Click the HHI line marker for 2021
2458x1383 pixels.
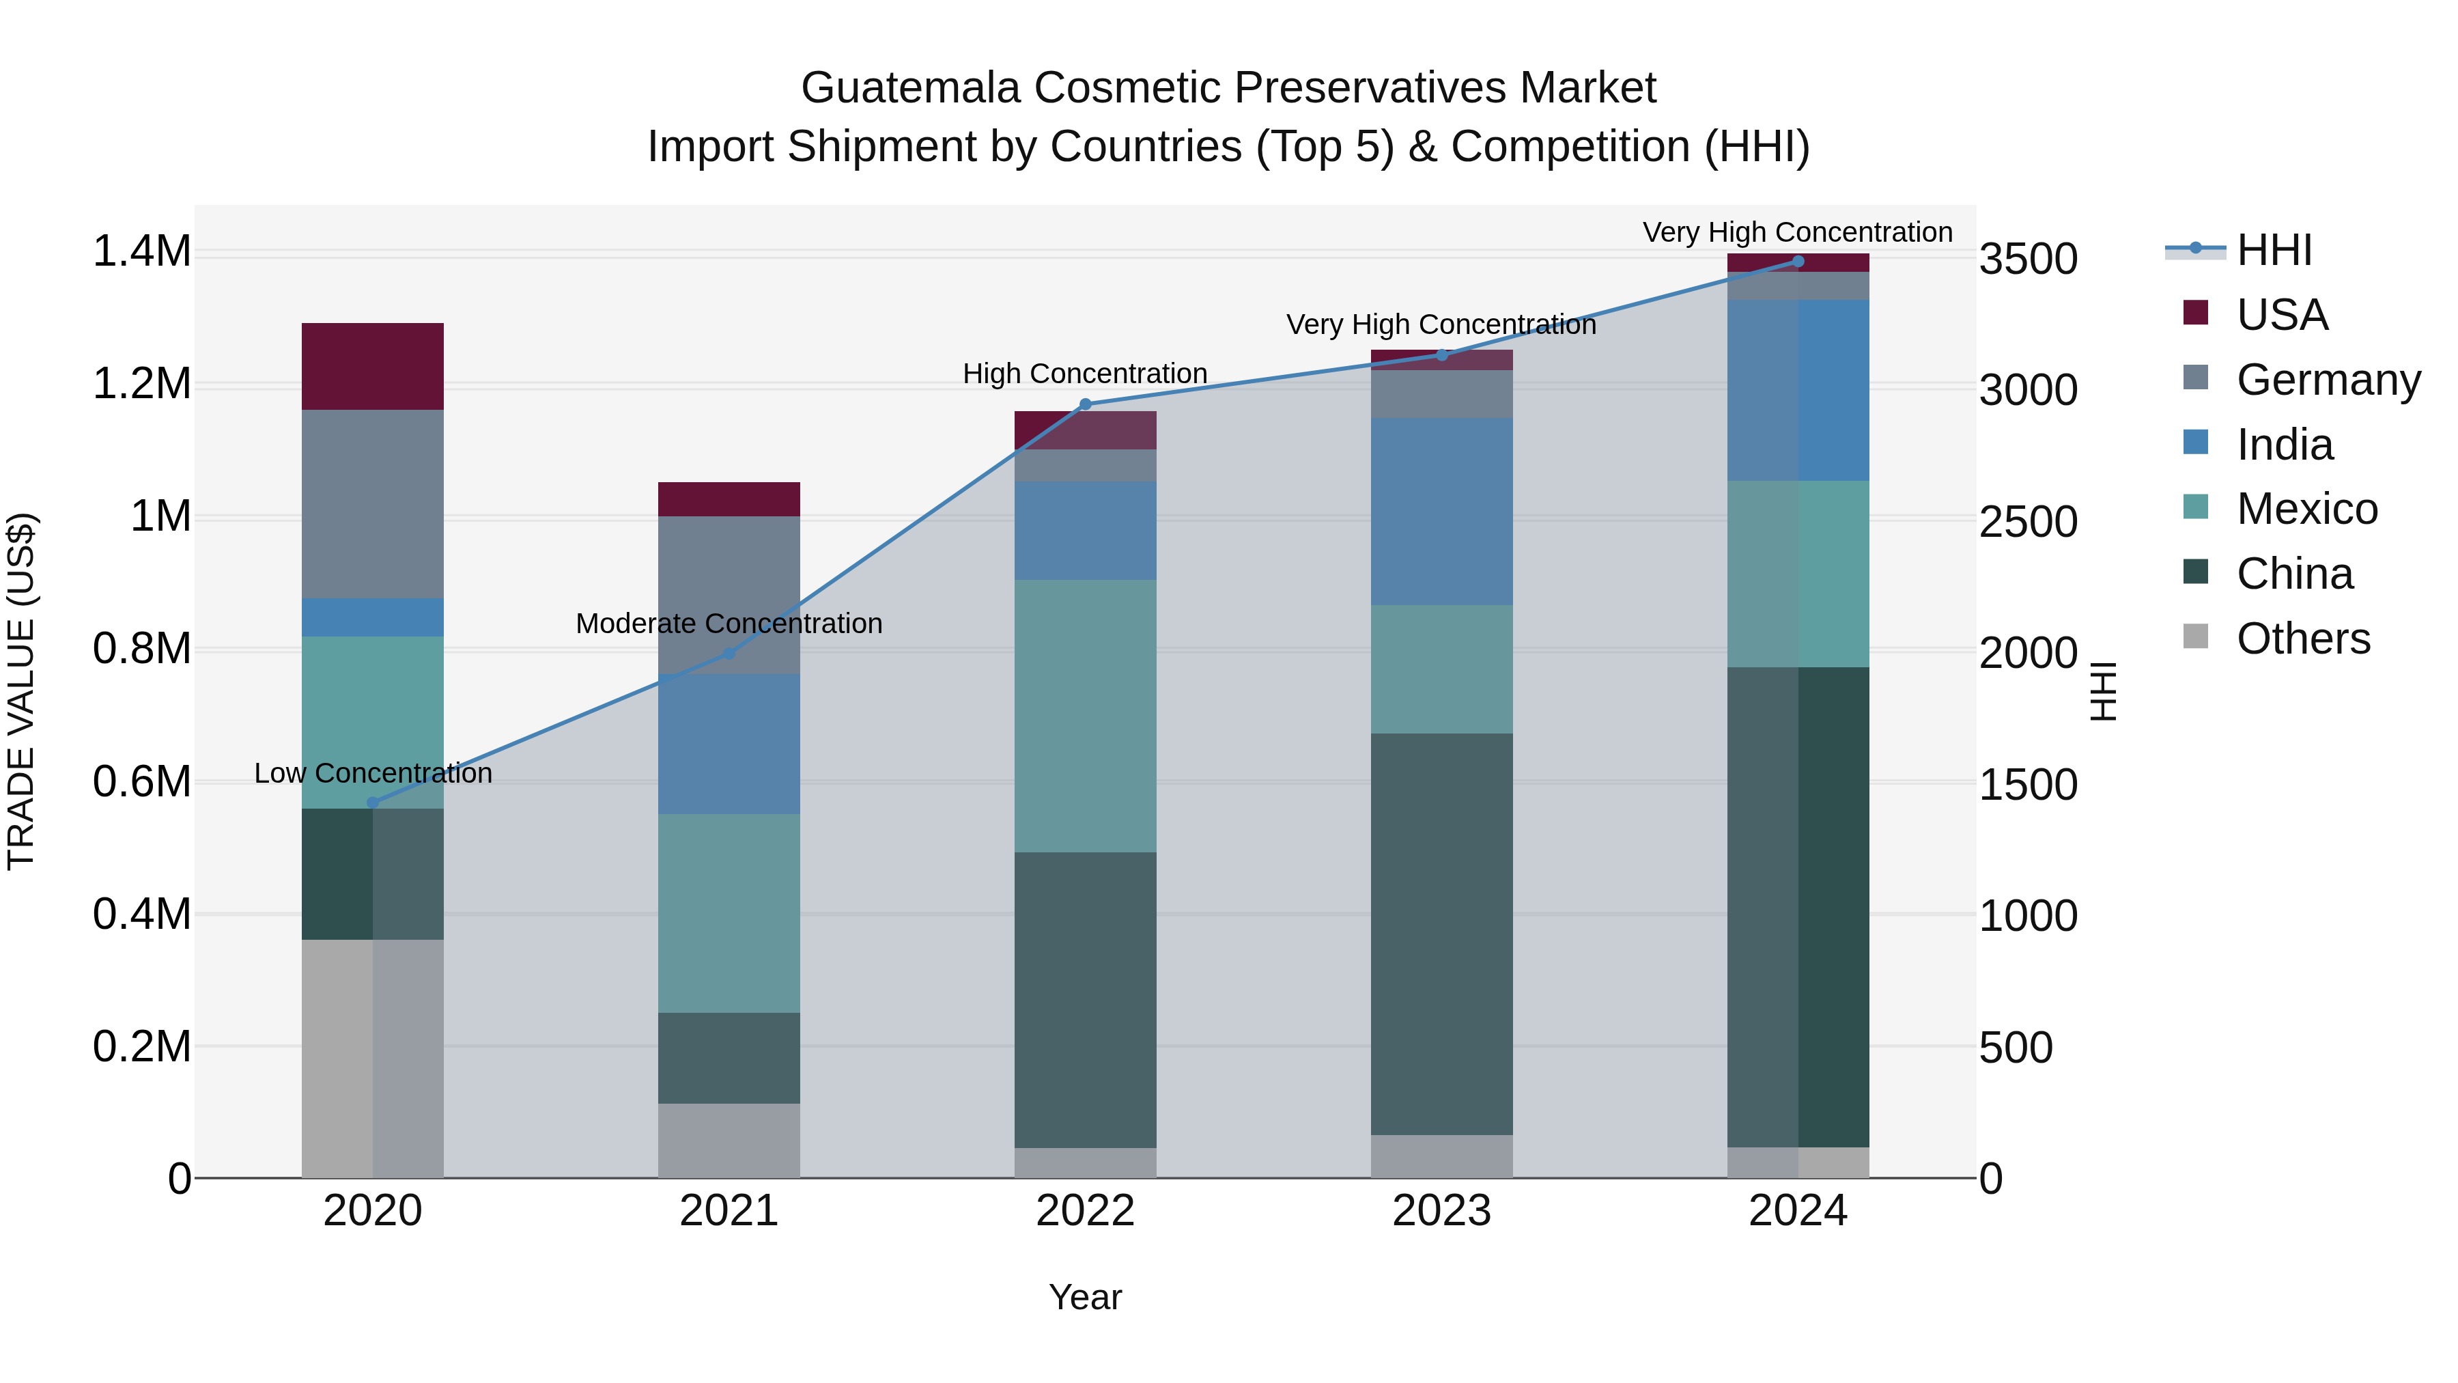click(729, 654)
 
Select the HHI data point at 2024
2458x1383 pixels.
click(1798, 262)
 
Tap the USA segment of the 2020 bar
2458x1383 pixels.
click(372, 367)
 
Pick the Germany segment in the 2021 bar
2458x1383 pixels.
click(729, 595)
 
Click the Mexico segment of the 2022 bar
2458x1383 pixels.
click(1085, 716)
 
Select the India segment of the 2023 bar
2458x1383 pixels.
click(1442, 511)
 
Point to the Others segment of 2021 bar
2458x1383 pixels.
click(729, 1141)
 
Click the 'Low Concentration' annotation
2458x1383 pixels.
click(373, 773)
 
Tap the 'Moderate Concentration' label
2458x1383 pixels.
click(729, 624)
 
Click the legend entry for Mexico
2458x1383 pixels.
click(2306, 509)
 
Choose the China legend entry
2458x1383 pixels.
click(2294, 574)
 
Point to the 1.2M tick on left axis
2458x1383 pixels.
click(141, 384)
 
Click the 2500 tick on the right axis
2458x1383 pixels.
click(2028, 522)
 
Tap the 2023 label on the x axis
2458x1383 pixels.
click(1442, 1211)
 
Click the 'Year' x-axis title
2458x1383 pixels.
click(1085, 1297)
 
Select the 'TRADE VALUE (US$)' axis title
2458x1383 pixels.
click(21, 691)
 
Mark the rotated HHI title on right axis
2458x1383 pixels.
click(2103, 691)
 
